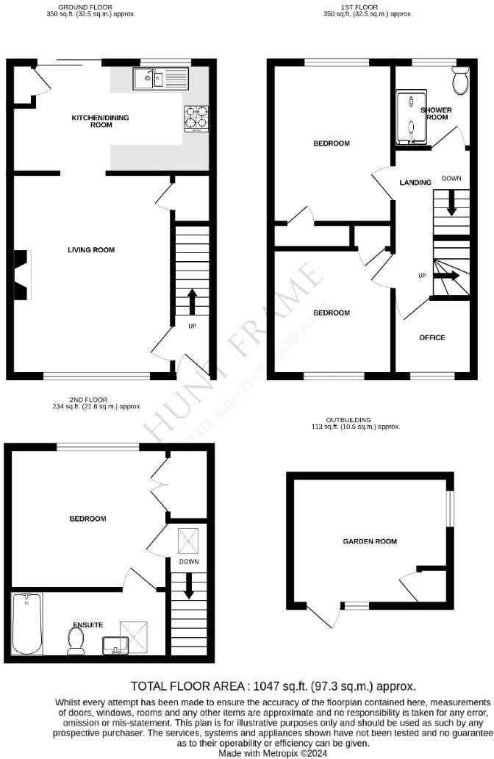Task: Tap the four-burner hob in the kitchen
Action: click(x=196, y=119)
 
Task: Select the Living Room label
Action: click(x=91, y=250)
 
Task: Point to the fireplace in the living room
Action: click(x=22, y=274)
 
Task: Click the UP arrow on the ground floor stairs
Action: click(x=193, y=301)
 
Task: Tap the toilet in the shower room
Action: click(x=461, y=82)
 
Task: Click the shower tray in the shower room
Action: click(x=411, y=117)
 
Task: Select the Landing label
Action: click(x=415, y=182)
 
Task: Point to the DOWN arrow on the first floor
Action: click(x=451, y=203)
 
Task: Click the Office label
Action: click(x=432, y=338)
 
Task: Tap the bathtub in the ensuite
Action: click(x=27, y=624)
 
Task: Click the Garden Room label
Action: click(x=370, y=541)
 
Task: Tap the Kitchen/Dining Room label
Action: click(x=92, y=121)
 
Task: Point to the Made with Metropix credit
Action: click(x=273, y=753)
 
